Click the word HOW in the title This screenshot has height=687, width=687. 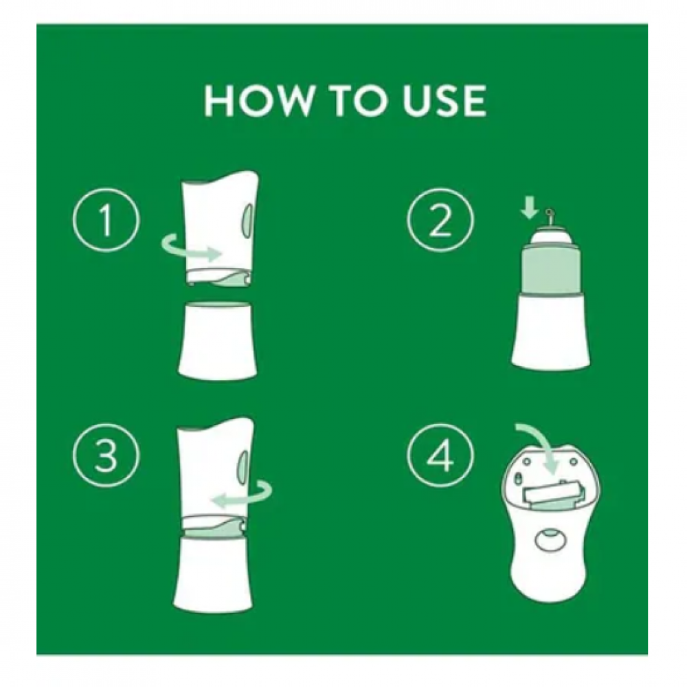click(258, 100)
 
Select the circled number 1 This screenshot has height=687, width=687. click(106, 220)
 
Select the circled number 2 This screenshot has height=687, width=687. click(440, 220)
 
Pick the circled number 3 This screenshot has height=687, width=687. click(106, 455)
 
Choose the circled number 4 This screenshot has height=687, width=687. click(440, 455)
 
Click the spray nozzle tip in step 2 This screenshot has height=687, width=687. click(549, 213)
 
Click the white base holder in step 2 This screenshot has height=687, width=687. click(550, 333)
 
